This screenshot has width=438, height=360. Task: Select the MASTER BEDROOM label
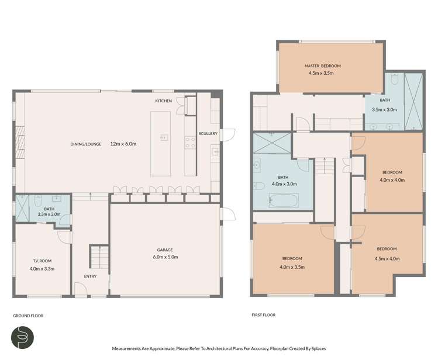coord(322,66)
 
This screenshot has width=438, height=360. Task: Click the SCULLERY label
coord(208,134)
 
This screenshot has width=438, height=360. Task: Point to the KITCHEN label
coord(164,101)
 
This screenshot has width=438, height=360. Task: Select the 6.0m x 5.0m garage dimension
coord(165,257)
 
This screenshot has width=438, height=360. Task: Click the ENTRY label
coord(89,276)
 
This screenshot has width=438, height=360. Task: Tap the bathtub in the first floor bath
coord(284,201)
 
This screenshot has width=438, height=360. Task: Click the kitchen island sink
coord(164,138)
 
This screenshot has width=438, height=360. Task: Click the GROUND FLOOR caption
coord(28,316)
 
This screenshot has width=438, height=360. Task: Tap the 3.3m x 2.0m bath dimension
coord(44,214)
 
